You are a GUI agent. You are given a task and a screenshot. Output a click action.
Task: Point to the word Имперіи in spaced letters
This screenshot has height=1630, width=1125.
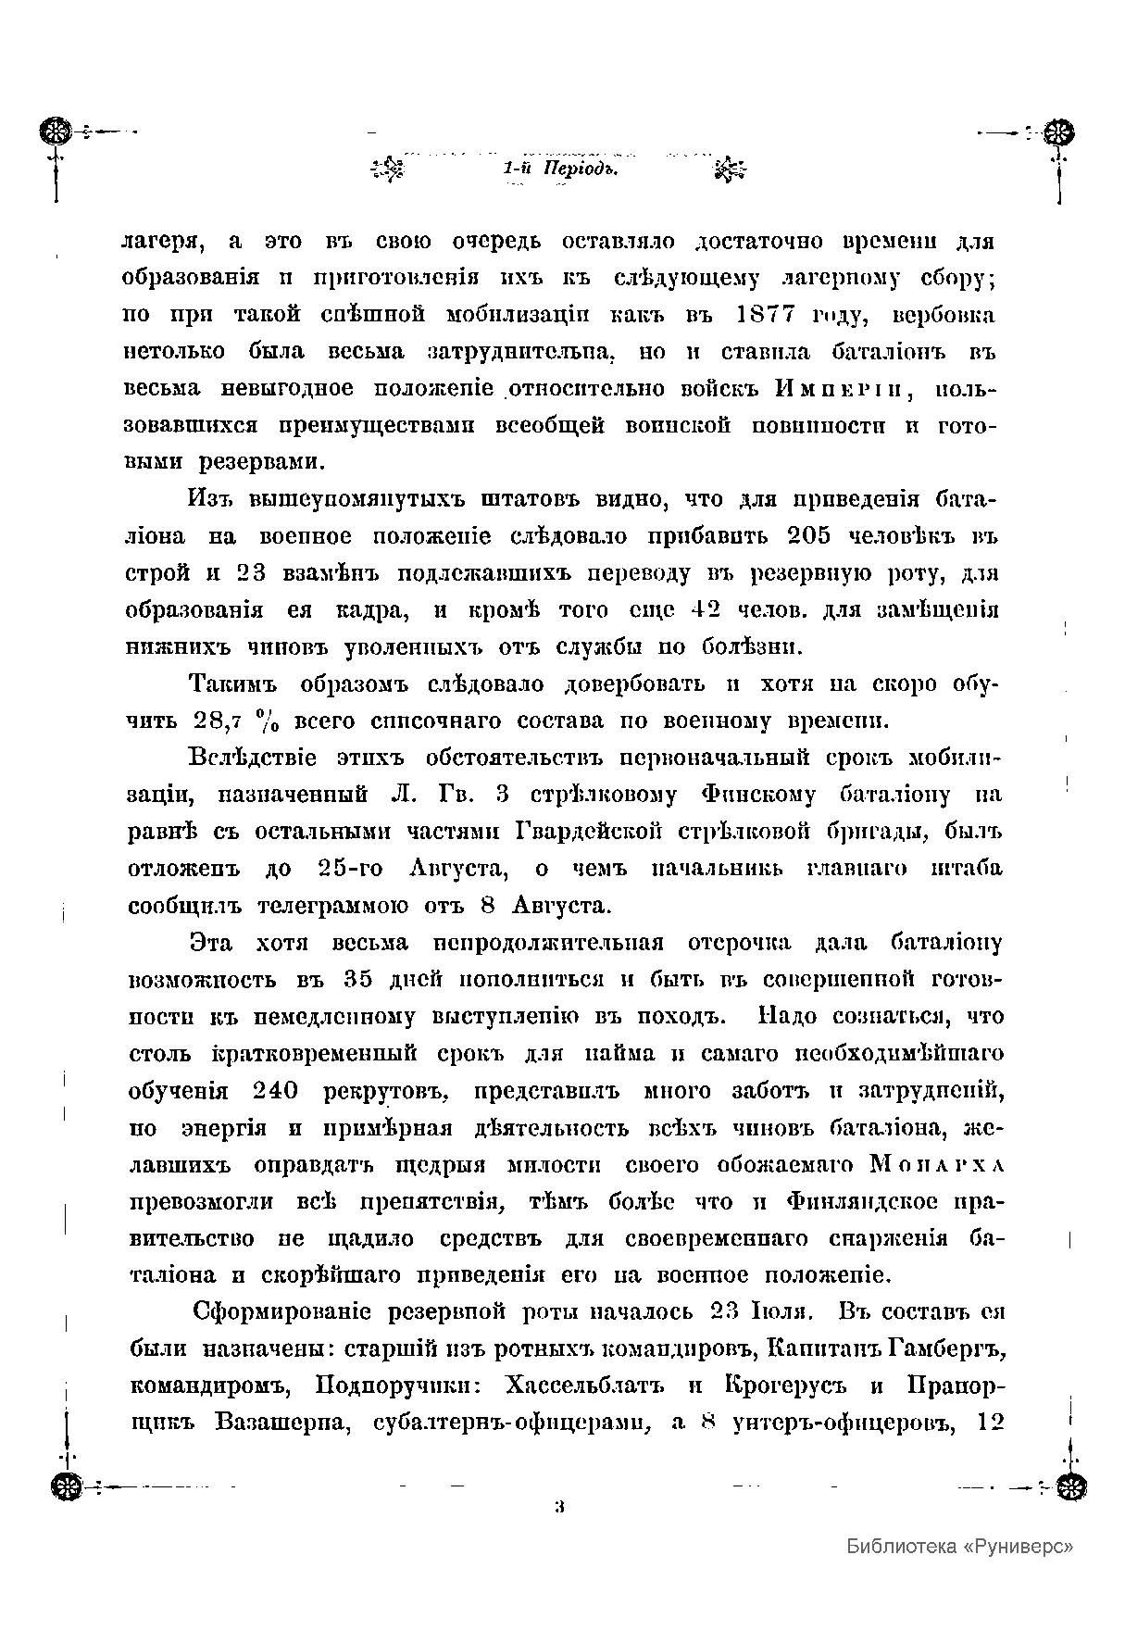pos(844,390)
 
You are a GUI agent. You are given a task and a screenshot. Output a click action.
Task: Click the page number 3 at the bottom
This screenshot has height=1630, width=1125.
pos(559,1506)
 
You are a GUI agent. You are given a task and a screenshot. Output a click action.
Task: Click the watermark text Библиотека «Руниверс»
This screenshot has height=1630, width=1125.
pos(959,1546)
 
